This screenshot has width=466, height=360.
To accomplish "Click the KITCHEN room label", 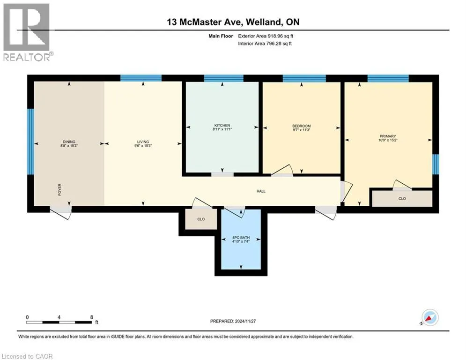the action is [222, 125].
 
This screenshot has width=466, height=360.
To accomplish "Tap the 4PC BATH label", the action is [241, 237].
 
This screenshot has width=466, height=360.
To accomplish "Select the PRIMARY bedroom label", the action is [388, 136].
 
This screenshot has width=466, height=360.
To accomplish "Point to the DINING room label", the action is [69, 142].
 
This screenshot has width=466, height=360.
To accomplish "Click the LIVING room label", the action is [143, 142].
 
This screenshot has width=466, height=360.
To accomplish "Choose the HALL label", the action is [261, 191].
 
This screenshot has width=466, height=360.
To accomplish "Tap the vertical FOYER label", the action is [59, 189].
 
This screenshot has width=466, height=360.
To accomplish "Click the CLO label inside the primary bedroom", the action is [402, 198].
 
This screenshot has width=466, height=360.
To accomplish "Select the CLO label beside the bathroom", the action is [201, 219].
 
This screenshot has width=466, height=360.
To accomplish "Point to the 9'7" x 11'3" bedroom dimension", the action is [301, 130].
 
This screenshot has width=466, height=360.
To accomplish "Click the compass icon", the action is [430, 317].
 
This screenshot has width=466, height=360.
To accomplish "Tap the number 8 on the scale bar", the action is [91, 317].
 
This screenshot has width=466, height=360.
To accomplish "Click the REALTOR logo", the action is [27, 32].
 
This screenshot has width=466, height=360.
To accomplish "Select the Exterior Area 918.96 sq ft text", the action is [266, 36].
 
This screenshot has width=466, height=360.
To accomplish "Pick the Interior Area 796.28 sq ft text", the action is [265, 44].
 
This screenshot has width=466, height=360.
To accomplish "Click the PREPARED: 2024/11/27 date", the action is [233, 321].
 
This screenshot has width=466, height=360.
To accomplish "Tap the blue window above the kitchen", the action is [223, 78].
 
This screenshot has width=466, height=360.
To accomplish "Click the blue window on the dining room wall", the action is [30, 141].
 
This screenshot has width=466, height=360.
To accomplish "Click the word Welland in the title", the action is [263, 22].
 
